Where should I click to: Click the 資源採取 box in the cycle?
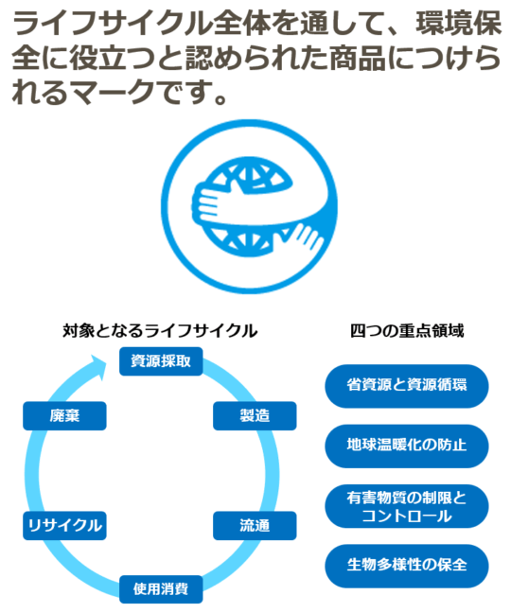click(161, 361)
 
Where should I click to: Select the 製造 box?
click(255, 415)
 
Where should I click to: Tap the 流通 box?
click(255, 525)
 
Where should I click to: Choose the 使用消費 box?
click(161, 589)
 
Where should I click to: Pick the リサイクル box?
click(64, 525)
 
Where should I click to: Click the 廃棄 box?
click(64, 415)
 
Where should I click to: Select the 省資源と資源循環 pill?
click(407, 386)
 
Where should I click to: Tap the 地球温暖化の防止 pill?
click(407, 446)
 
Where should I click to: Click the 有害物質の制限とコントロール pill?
click(407, 506)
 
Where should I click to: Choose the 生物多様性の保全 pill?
click(407, 566)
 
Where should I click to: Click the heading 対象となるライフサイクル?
click(160, 331)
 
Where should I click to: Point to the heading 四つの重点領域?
click(407, 331)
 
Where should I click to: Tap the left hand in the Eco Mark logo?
click(206, 204)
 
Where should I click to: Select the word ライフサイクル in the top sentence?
click(113, 24)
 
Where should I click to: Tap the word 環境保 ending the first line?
click(458, 24)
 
